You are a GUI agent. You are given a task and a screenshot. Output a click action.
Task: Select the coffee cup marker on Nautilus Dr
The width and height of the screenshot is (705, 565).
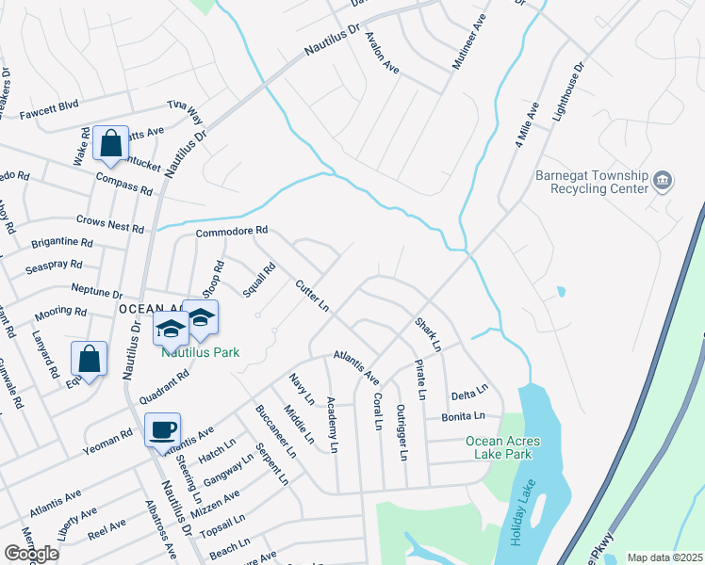pos(162,429)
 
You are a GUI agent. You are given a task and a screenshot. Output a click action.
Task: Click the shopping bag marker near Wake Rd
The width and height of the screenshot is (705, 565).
pos(111,144)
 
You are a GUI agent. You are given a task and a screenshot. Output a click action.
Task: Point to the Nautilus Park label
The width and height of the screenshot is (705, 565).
pos(200,352)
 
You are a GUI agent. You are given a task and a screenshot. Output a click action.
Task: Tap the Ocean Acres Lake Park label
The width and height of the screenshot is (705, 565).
pos(498,447)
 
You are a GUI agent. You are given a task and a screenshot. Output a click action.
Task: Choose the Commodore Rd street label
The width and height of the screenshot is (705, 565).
pos(232,231)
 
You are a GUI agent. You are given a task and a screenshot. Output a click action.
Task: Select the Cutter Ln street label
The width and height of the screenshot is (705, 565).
pos(311,296)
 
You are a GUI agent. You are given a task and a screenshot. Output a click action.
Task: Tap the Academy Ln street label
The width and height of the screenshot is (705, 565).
pos(332,421)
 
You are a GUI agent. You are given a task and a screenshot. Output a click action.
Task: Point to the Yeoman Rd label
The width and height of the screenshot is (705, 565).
pos(113,436)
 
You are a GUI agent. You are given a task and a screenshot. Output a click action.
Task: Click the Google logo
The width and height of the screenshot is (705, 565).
pos(31,553)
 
